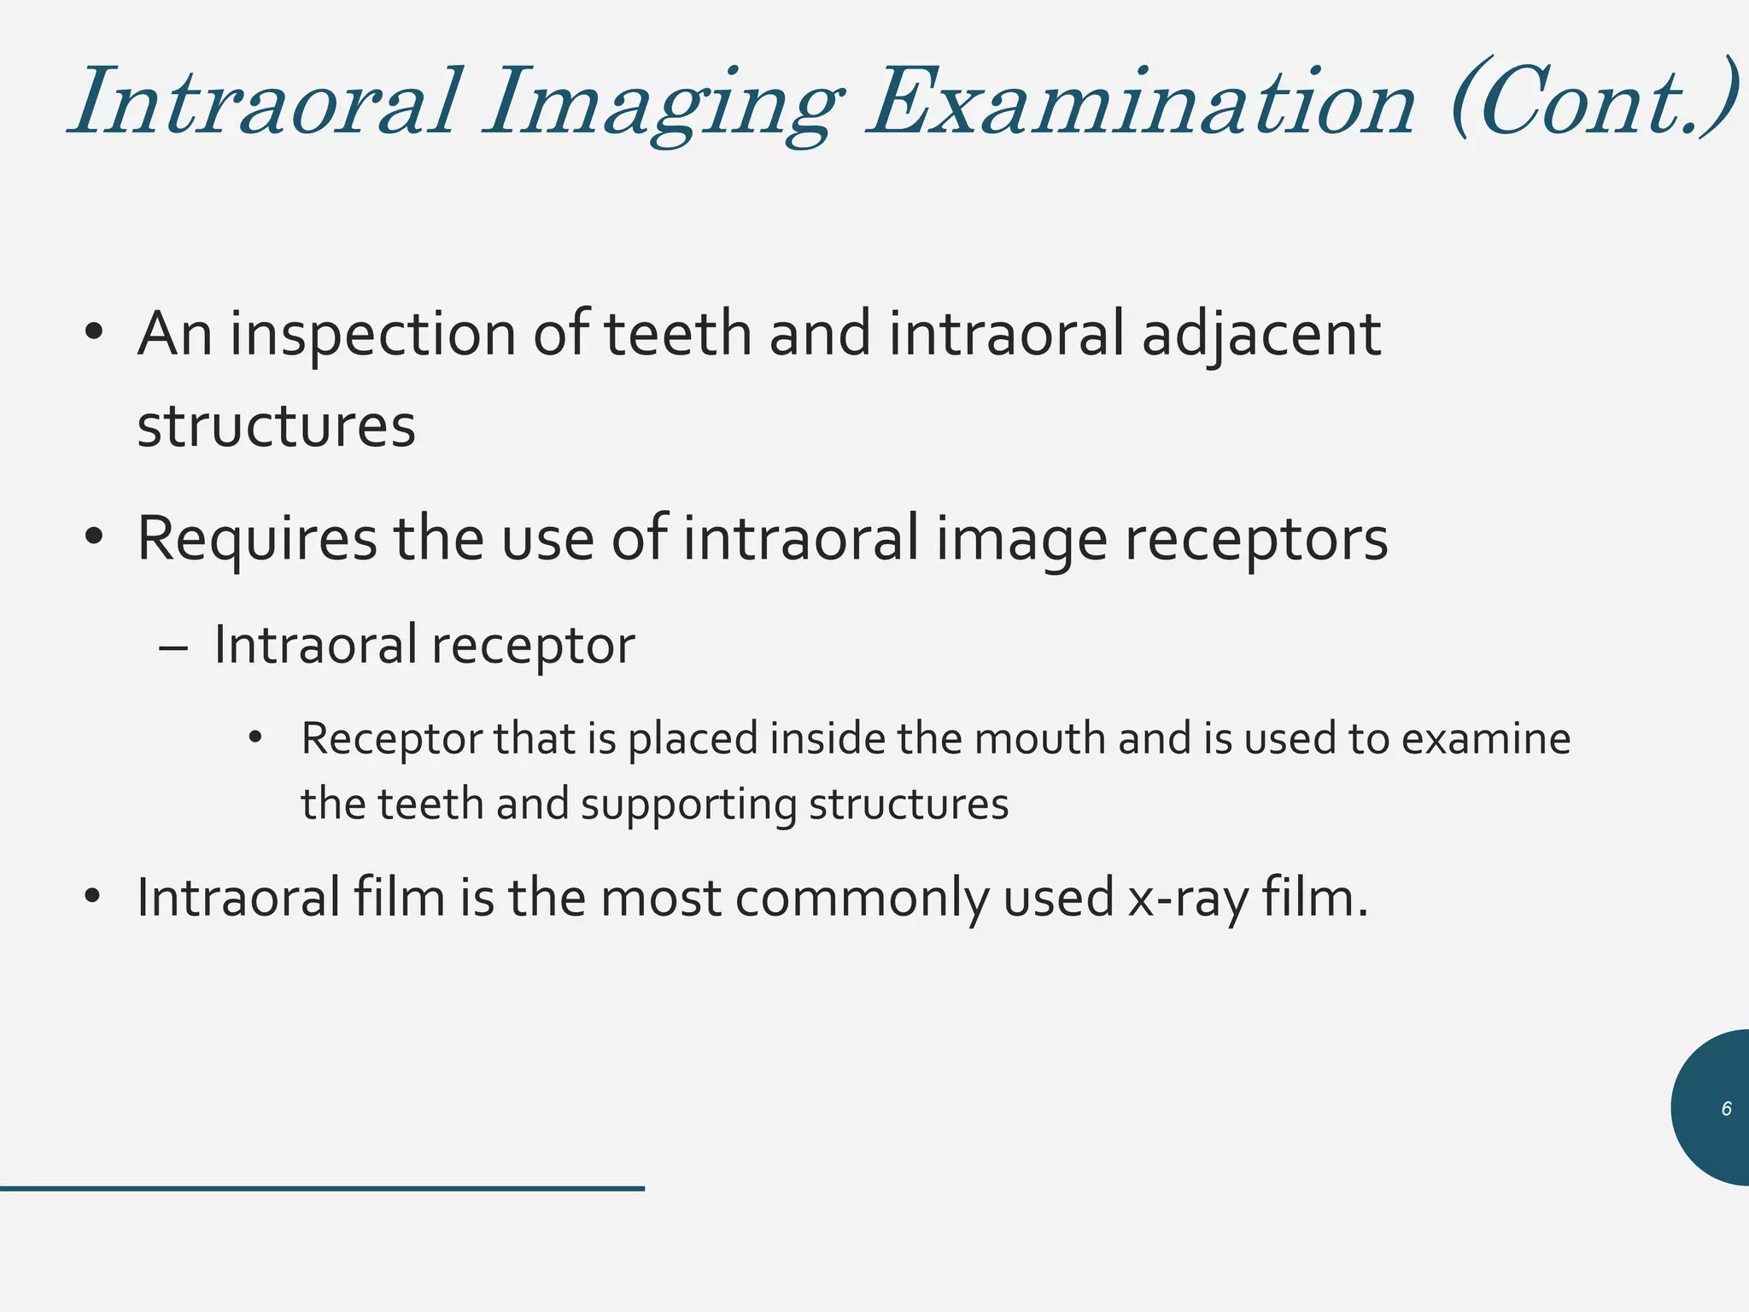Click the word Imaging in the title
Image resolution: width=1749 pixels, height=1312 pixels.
[x=662, y=107]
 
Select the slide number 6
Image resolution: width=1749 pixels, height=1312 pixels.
[x=1726, y=1109]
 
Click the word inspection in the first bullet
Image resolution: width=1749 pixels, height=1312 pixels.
[x=372, y=335]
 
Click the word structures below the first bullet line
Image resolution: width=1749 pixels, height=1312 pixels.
[x=276, y=426]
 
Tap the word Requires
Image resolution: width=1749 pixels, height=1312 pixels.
[x=256, y=540]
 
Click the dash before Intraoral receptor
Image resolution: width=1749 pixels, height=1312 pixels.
[x=173, y=647]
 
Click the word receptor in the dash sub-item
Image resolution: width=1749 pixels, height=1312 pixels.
[x=533, y=647]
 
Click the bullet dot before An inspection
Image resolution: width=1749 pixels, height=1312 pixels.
[x=94, y=332]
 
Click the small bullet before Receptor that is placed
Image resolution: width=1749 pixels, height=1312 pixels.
[x=254, y=737]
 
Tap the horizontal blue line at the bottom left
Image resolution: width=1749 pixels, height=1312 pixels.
[x=322, y=1188]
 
